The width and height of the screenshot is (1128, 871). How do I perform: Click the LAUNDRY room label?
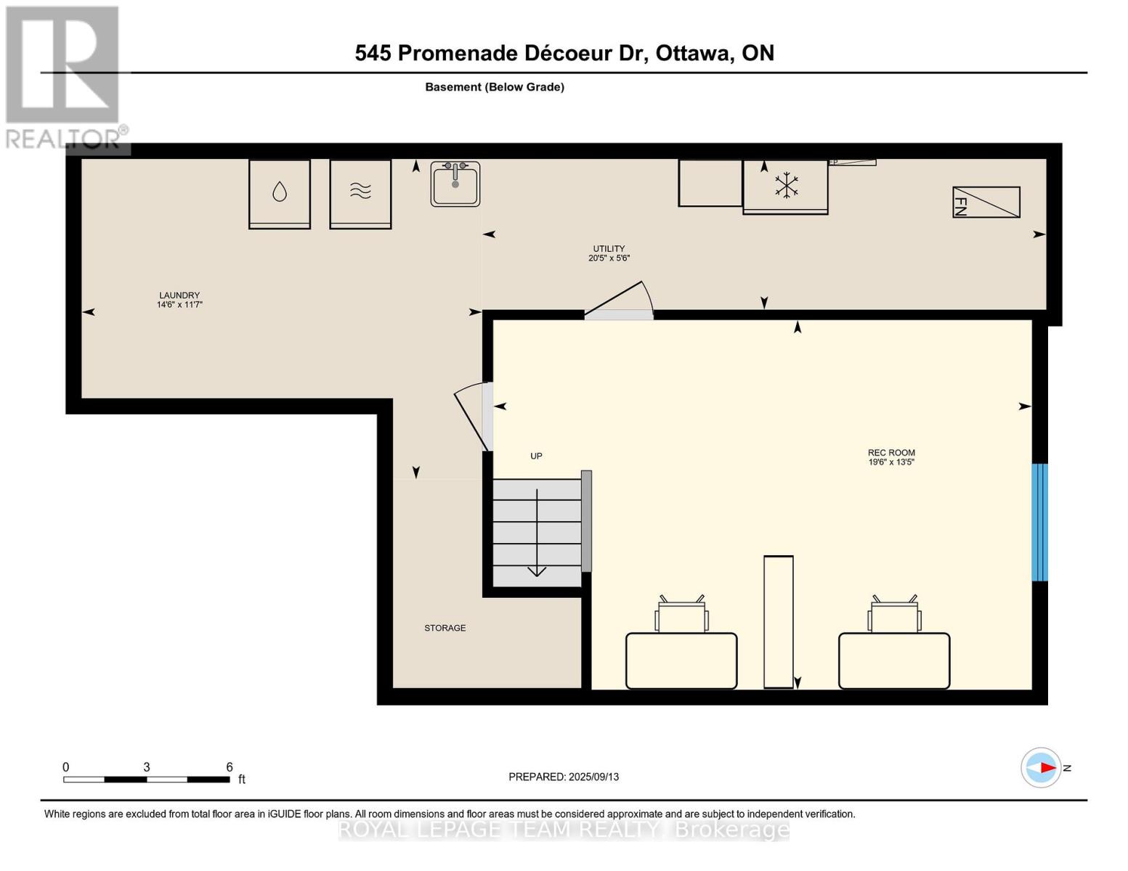pyautogui.click(x=179, y=300)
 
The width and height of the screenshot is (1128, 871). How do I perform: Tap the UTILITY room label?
pyautogui.click(x=609, y=253)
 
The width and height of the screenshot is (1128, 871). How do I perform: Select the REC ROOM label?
pyautogui.click(x=891, y=457)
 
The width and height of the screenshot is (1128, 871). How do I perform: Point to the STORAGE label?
pyautogui.click(x=445, y=628)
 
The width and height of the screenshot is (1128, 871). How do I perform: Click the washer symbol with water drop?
pyautogui.click(x=280, y=193)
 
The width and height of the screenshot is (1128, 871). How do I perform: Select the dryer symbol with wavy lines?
pyautogui.click(x=360, y=193)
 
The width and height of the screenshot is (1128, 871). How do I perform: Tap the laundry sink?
pyautogui.click(x=455, y=184)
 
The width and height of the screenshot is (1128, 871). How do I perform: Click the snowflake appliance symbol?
pyautogui.click(x=785, y=186)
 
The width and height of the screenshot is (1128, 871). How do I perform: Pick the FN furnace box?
pyautogui.click(x=986, y=203)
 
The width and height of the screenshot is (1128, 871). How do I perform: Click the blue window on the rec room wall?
pyautogui.click(x=1040, y=523)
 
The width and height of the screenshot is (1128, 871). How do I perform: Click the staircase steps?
pyautogui.click(x=537, y=533)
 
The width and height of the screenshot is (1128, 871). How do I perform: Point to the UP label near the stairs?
pyautogui.click(x=536, y=456)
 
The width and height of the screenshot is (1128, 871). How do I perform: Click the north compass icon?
pyautogui.click(x=1042, y=767)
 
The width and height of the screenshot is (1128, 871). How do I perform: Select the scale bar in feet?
pyautogui.click(x=147, y=779)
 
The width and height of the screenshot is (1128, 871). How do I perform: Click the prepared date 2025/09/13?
pyautogui.click(x=564, y=777)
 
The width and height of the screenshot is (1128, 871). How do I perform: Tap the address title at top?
pyautogui.click(x=564, y=53)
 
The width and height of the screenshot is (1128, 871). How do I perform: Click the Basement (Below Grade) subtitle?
pyautogui.click(x=495, y=87)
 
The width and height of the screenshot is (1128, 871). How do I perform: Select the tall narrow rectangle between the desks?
pyautogui.click(x=778, y=621)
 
